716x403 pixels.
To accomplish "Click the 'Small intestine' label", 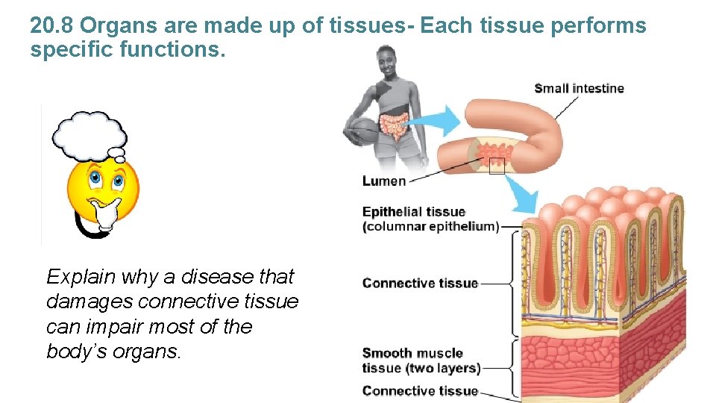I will coord(579,89).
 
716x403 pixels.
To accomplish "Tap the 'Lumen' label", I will coord(384,181).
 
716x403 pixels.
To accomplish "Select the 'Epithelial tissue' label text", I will coord(413,212).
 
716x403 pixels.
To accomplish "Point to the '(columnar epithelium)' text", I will coord(430,226).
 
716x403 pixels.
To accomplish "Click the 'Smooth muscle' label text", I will coord(412,353).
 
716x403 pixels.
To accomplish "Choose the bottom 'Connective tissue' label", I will coord(420,390).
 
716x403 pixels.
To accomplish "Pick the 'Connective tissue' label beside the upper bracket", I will coord(420,283).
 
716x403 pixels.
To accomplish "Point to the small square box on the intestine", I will coord(496,166).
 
